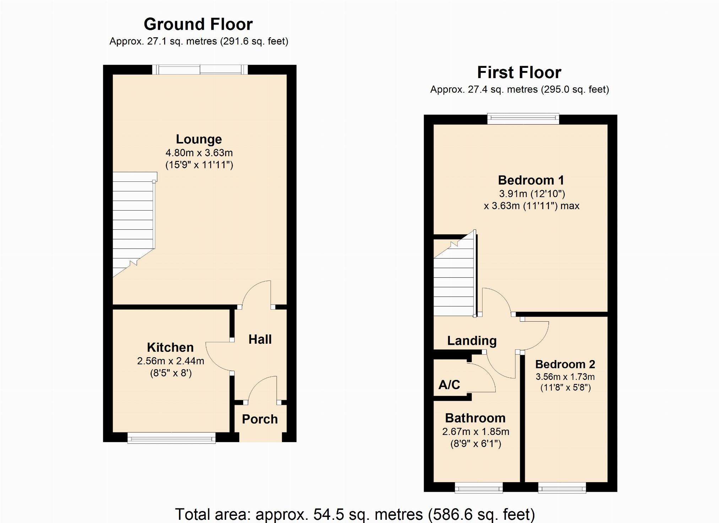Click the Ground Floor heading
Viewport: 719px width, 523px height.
click(198, 24)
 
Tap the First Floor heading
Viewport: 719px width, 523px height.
click(519, 73)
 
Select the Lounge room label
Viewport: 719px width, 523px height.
click(199, 139)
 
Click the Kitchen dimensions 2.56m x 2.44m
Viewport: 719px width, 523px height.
click(170, 361)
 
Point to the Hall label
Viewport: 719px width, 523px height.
click(260, 339)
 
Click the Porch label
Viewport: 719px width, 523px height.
click(260, 419)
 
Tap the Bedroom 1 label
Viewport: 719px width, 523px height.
click(531, 180)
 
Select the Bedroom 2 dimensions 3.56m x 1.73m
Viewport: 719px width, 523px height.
click(565, 377)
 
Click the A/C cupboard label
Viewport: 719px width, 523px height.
click(449, 385)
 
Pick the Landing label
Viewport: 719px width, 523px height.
click(472, 341)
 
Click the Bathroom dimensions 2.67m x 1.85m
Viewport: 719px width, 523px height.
click(475, 432)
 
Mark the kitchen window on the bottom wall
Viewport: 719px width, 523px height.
click(171, 438)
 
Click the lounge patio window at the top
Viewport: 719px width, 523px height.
click(200, 70)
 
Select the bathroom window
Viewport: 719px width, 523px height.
click(479, 488)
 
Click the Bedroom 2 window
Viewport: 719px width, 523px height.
click(562, 488)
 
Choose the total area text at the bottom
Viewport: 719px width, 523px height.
click(355, 514)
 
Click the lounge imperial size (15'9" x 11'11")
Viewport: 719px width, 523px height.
click(199, 165)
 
